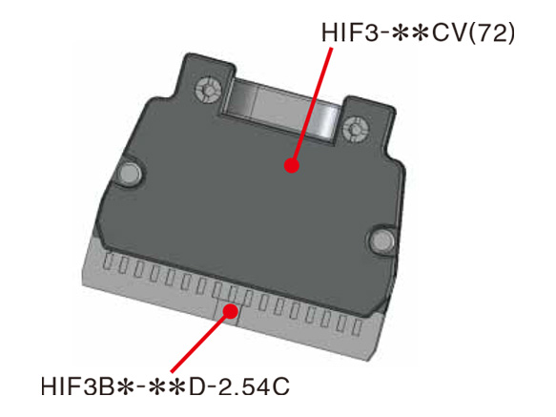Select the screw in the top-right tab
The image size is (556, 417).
[357, 125]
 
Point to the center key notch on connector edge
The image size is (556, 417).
[227, 312]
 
